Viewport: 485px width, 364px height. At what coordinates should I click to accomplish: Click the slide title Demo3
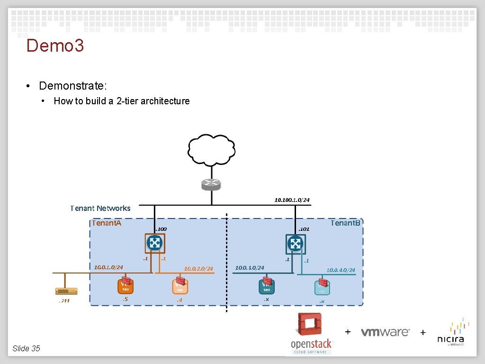click(x=55, y=46)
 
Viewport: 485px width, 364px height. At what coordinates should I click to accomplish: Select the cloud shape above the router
click(x=211, y=150)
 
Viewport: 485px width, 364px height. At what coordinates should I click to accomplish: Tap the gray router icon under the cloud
click(x=211, y=184)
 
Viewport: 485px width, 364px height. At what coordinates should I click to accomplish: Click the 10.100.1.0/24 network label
click(x=292, y=200)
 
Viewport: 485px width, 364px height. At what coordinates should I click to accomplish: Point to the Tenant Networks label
click(x=100, y=208)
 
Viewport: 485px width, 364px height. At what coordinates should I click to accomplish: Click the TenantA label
click(x=107, y=223)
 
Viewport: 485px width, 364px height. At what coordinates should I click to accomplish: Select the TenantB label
click(x=346, y=223)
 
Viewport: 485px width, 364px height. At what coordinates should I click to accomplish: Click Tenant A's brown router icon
click(x=154, y=244)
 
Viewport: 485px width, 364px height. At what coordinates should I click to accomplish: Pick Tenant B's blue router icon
click(x=296, y=244)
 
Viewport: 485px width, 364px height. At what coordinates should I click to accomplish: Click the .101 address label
click(x=304, y=229)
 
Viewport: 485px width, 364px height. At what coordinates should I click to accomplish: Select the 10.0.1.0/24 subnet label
click(x=108, y=267)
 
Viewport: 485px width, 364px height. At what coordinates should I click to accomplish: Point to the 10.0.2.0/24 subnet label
click(x=198, y=269)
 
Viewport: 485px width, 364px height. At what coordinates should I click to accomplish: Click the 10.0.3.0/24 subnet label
click(x=250, y=268)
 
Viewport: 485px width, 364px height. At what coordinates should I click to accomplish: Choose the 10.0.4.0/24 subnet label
click(x=341, y=270)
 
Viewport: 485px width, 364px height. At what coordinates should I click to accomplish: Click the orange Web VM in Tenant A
click(x=125, y=286)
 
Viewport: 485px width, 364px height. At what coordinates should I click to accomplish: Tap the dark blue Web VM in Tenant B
click(x=267, y=286)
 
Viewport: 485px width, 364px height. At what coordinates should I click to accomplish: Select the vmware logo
click(x=385, y=332)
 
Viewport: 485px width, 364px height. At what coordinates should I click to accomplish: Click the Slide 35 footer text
click(x=27, y=348)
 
